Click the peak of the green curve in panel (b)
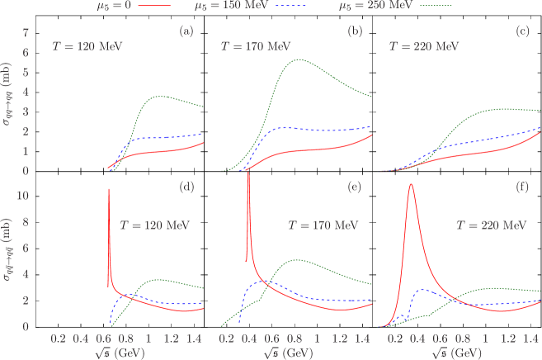tap(296, 59)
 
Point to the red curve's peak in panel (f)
tap(410, 184)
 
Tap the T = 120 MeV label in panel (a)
tap(87, 47)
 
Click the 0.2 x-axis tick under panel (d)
tap(58, 339)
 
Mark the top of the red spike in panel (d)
tap(109, 189)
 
